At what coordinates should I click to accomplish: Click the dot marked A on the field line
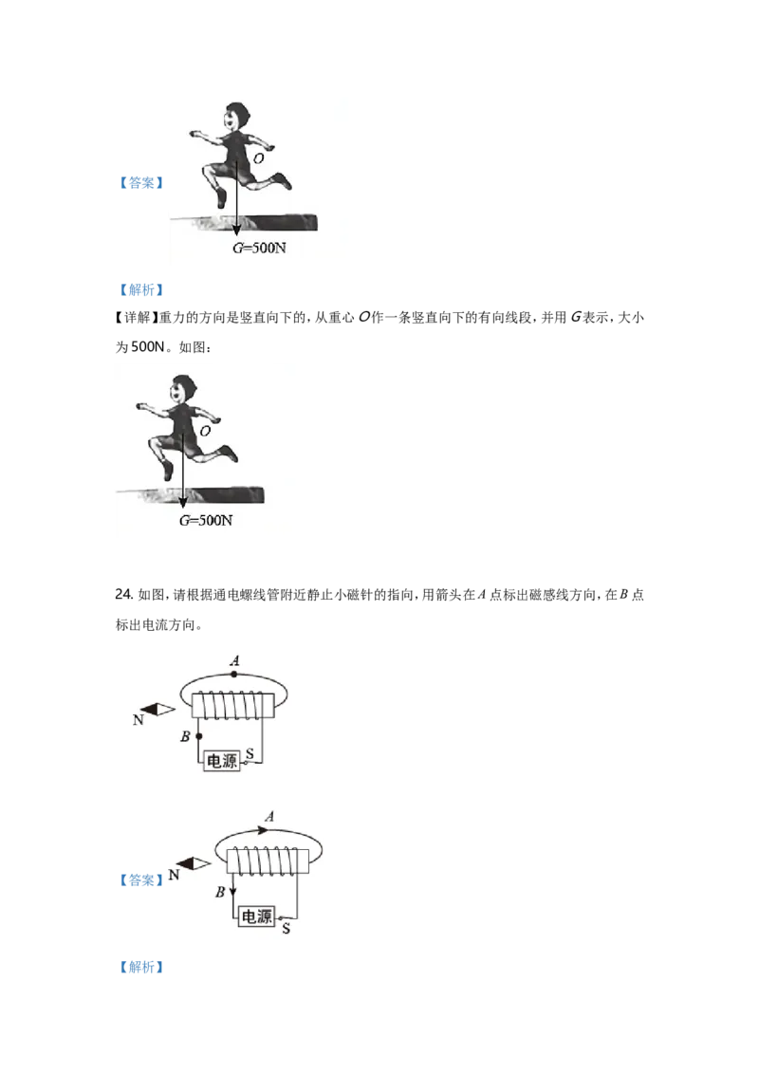coord(233,673)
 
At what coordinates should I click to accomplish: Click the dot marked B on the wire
coord(198,736)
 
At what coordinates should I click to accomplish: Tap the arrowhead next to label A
coord(264,828)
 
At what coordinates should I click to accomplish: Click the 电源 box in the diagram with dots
coord(222,760)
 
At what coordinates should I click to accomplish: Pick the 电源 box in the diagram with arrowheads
coord(256,917)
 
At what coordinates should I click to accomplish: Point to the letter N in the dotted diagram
coord(138,721)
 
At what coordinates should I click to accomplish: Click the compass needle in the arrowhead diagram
coord(194,863)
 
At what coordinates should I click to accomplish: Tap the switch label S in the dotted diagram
coord(250,753)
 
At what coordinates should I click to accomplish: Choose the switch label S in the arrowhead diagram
coord(287,927)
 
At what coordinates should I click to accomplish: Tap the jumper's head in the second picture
coord(180,388)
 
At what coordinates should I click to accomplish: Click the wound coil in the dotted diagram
coord(233,706)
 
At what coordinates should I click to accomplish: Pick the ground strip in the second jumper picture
coord(190,494)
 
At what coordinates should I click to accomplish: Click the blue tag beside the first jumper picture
coord(140,182)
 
